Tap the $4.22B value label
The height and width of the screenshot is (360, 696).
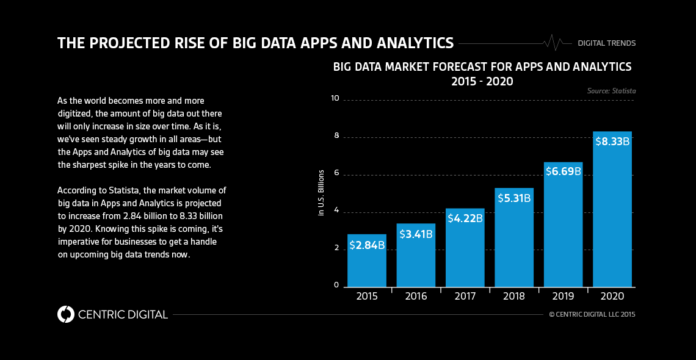pyautogui.click(x=465, y=218)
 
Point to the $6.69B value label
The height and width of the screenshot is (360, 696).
pyautogui.click(x=563, y=171)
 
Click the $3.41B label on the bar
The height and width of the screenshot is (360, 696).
pyautogui.click(x=416, y=234)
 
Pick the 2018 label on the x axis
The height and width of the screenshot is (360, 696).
pyautogui.click(x=514, y=297)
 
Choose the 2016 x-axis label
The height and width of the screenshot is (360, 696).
pyautogui.click(x=416, y=297)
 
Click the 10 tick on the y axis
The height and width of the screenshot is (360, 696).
pyautogui.click(x=334, y=98)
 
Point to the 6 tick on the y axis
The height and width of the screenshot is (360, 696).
pyautogui.click(x=336, y=174)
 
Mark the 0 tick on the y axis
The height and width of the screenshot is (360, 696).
pyautogui.click(x=336, y=285)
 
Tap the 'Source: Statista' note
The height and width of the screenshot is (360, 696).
pyautogui.click(x=611, y=91)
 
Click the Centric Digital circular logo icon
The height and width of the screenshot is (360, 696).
pyautogui.click(x=65, y=314)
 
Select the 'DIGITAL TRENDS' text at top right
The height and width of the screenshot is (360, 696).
pyautogui.click(x=607, y=43)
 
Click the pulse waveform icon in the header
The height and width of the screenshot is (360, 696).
pyautogui.click(x=553, y=43)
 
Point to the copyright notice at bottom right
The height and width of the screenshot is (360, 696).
pyautogui.click(x=592, y=315)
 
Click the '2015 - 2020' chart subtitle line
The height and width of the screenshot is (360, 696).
pyautogui.click(x=482, y=81)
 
